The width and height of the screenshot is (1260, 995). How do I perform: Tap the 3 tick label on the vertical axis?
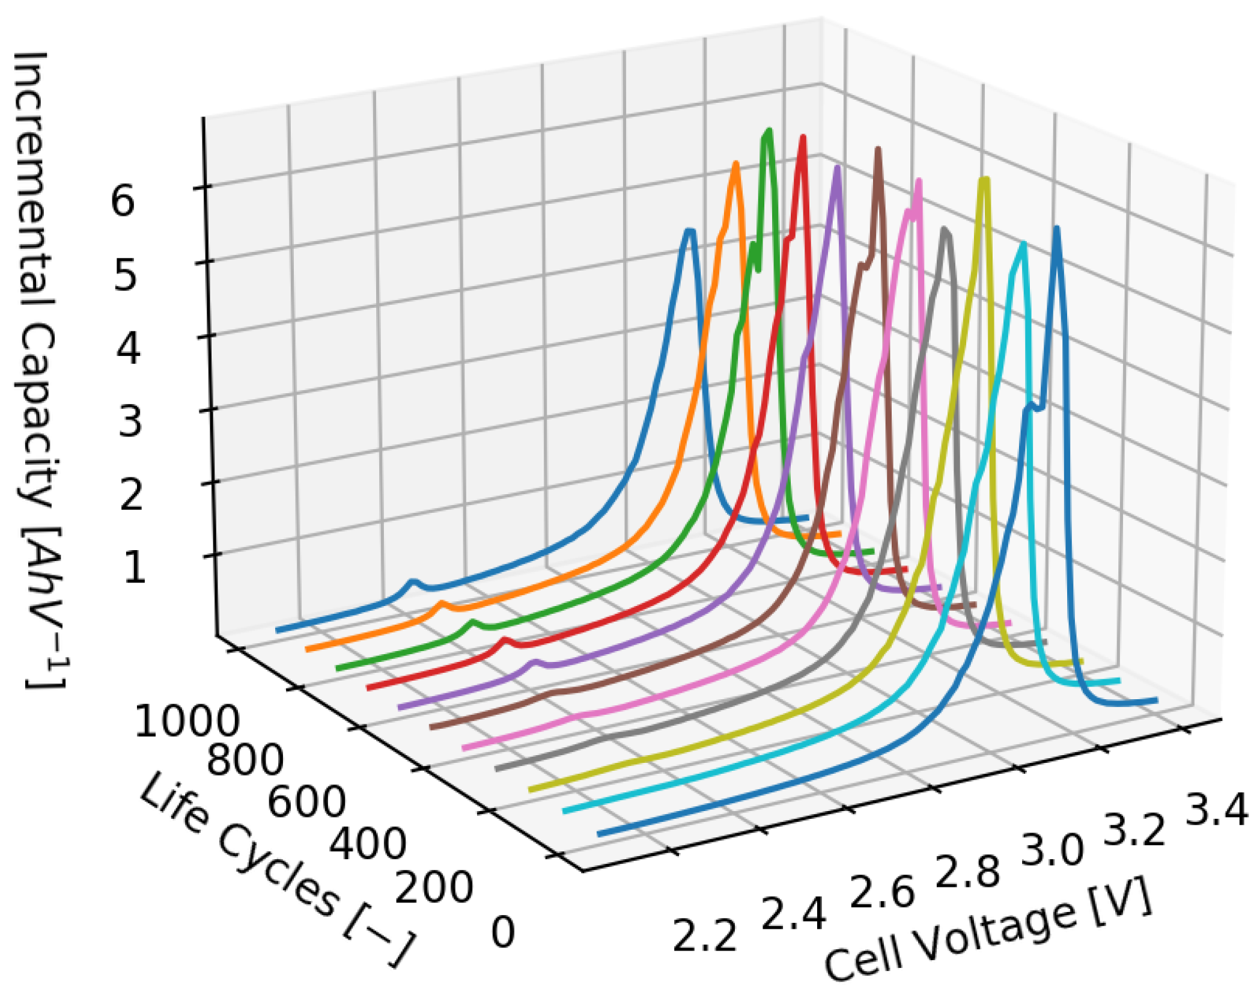click(130, 421)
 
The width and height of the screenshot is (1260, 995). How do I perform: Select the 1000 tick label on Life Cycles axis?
click(186, 721)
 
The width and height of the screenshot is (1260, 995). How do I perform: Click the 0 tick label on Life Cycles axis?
click(503, 932)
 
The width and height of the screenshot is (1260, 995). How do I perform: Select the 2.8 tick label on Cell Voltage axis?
click(967, 871)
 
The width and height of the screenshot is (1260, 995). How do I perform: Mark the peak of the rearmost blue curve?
click(690, 231)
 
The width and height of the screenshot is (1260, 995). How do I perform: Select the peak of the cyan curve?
click(1023, 245)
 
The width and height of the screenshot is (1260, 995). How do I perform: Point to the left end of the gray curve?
click(497, 768)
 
